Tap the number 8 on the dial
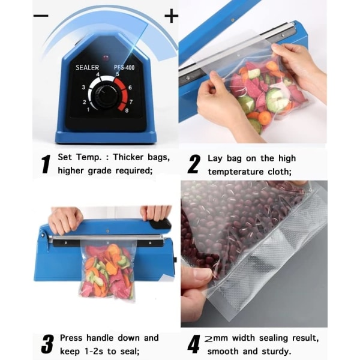(x=127, y=110)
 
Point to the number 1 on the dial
(x=88, y=110)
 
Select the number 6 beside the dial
(x=130, y=88)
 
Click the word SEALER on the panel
(x=87, y=67)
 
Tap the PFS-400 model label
(x=124, y=67)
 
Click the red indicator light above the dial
(x=106, y=57)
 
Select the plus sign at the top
(x=171, y=16)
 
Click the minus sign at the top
(x=41, y=16)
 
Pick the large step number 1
(x=46, y=164)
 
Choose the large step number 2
(x=194, y=164)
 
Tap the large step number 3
(x=47, y=344)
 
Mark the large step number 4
(x=194, y=344)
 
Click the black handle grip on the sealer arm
(x=160, y=224)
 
